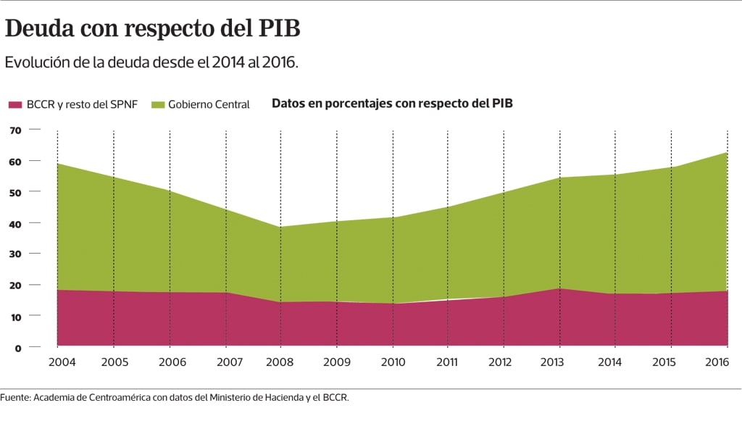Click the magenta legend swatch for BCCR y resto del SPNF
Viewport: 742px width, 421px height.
(x=15, y=104)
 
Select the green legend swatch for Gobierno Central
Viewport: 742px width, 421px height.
(x=158, y=104)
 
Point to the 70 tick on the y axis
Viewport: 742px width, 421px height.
(x=14, y=130)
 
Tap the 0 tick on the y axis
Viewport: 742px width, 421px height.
(x=17, y=348)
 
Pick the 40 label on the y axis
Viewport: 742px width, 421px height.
(x=14, y=223)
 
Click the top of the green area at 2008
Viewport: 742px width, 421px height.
(x=281, y=227)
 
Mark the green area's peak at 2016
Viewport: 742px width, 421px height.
(x=727, y=153)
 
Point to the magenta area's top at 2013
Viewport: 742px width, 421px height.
(x=560, y=288)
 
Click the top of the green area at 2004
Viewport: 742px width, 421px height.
(x=59, y=164)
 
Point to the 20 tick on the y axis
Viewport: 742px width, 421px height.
(x=14, y=285)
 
